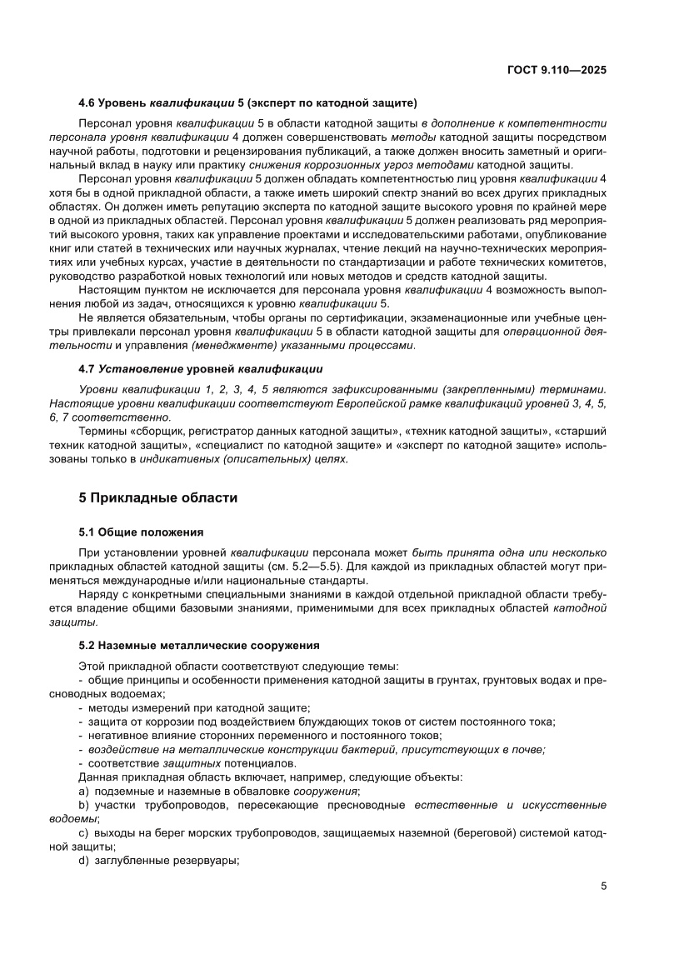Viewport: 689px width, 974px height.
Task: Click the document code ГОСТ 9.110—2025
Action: (x=556, y=71)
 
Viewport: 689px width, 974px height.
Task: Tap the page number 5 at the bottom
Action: (x=603, y=887)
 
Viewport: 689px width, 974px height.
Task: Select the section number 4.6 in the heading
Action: (x=86, y=103)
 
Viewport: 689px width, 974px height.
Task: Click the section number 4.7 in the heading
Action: (x=86, y=369)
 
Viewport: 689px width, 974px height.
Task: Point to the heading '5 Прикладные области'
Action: (x=157, y=498)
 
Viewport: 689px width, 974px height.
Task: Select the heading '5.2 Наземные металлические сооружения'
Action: (x=199, y=646)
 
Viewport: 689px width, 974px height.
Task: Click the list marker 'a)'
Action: (x=83, y=790)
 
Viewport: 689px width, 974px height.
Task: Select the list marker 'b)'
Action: (x=83, y=806)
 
